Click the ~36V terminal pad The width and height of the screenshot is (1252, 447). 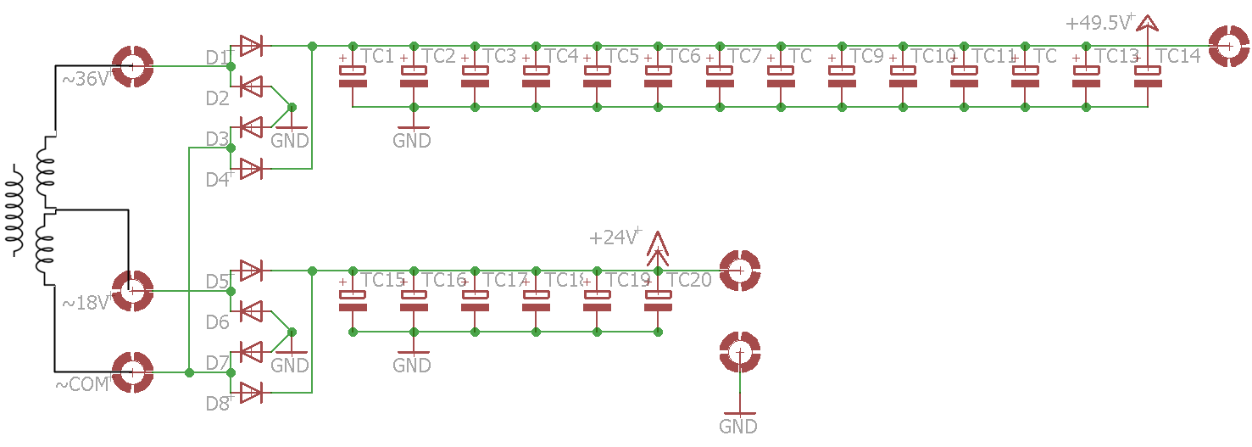(133, 66)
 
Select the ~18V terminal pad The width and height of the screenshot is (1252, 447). (132, 291)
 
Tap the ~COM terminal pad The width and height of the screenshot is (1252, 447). (133, 372)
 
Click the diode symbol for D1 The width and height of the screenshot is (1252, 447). (250, 46)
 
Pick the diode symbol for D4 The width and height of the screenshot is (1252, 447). (250, 169)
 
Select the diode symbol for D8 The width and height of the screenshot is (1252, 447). (250, 393)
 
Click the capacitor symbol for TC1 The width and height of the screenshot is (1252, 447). (353, 76)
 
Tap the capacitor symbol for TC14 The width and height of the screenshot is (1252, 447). (1148, 76)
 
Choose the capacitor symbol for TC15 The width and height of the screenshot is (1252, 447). (353, 301)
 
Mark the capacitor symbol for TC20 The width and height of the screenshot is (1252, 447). (658, 301)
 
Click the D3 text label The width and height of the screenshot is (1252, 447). (217, 138)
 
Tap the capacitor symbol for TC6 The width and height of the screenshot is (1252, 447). (658, 76)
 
